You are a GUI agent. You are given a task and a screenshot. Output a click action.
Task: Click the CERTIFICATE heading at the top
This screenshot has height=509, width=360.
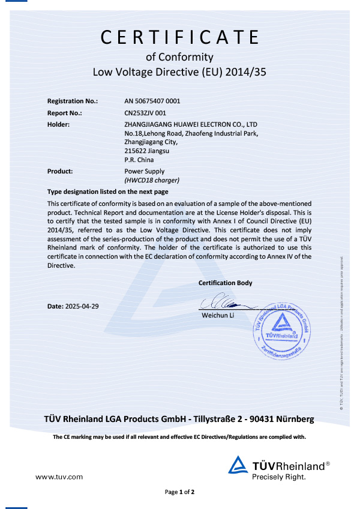point(180,38)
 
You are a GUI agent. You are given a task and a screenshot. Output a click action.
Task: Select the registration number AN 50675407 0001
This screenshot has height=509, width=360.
point(152,101)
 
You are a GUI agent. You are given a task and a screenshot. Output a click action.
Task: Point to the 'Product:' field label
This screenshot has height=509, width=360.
point(60,171)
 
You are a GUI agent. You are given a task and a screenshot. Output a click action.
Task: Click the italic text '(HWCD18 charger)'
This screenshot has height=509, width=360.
point(152,180)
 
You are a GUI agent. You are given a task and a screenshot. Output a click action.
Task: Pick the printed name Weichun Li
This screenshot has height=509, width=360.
point(217,315)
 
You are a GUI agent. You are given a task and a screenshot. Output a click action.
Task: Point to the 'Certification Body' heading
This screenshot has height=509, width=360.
point(225,283)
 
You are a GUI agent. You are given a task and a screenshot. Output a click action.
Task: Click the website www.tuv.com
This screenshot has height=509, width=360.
point(59,477)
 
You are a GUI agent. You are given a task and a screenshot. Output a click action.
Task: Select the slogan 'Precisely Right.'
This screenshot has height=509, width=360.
point(279,477)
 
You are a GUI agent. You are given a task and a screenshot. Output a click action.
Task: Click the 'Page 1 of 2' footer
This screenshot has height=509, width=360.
point(180,492)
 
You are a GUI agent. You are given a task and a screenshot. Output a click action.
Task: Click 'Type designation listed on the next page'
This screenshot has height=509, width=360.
point(107,192)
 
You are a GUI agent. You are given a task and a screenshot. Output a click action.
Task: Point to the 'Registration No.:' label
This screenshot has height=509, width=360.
point(72,101)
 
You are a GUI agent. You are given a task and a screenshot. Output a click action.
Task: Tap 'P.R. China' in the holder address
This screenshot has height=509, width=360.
point(139,160)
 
